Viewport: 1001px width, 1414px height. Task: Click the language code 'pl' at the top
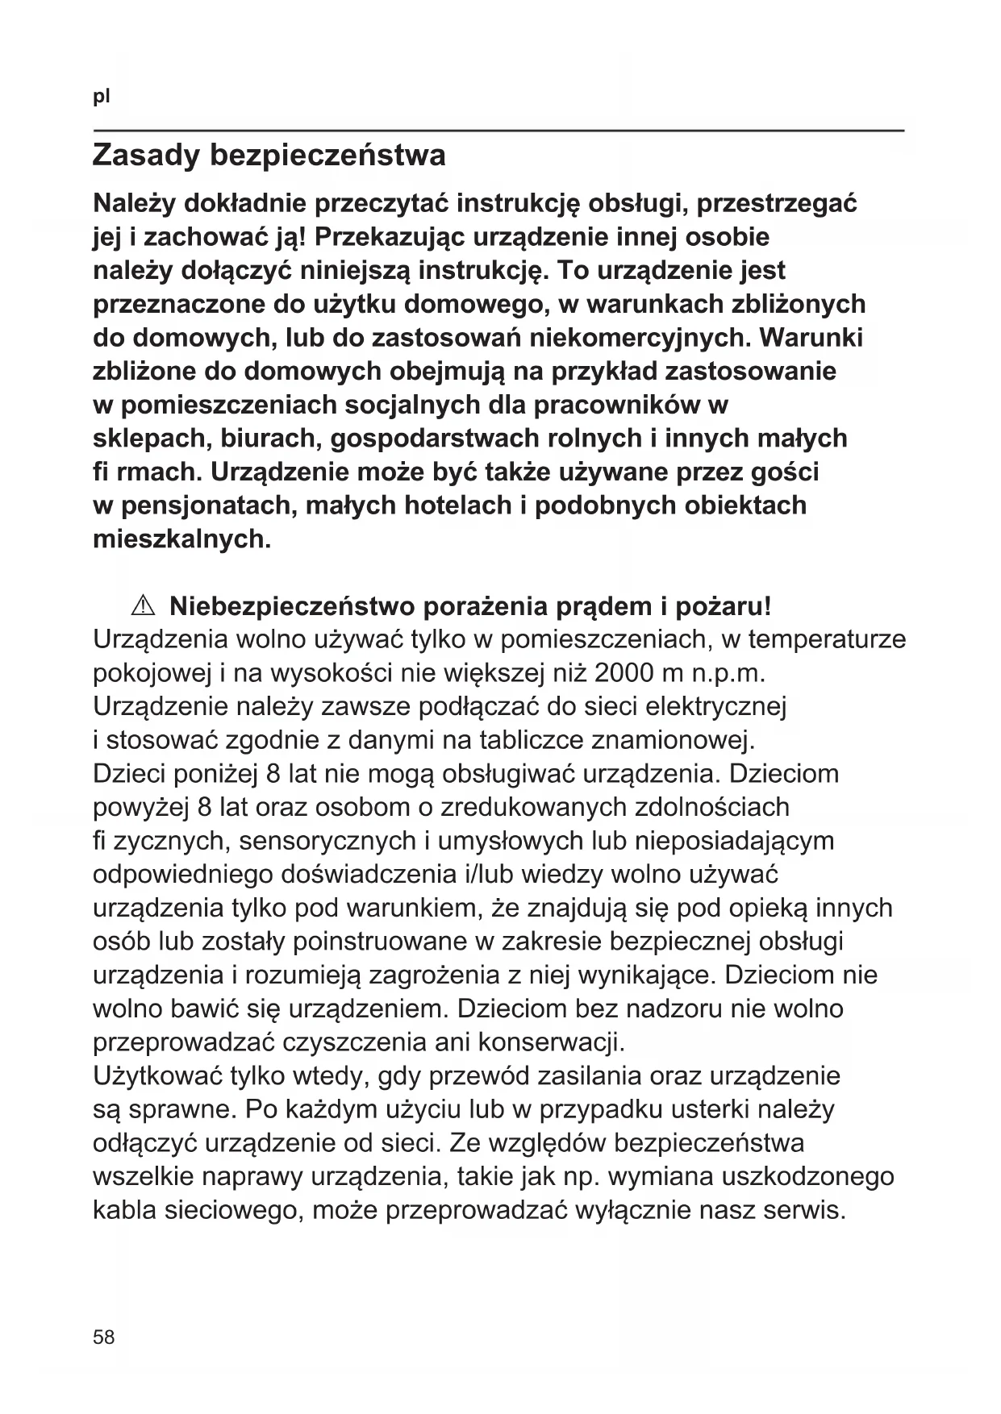pos(101,98)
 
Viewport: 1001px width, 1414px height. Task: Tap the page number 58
pos(104,1337)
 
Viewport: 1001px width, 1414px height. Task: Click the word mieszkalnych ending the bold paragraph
pos(181,539)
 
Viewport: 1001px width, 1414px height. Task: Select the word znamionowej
pos(673,739)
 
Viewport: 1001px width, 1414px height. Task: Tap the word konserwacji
pos(551,1042)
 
